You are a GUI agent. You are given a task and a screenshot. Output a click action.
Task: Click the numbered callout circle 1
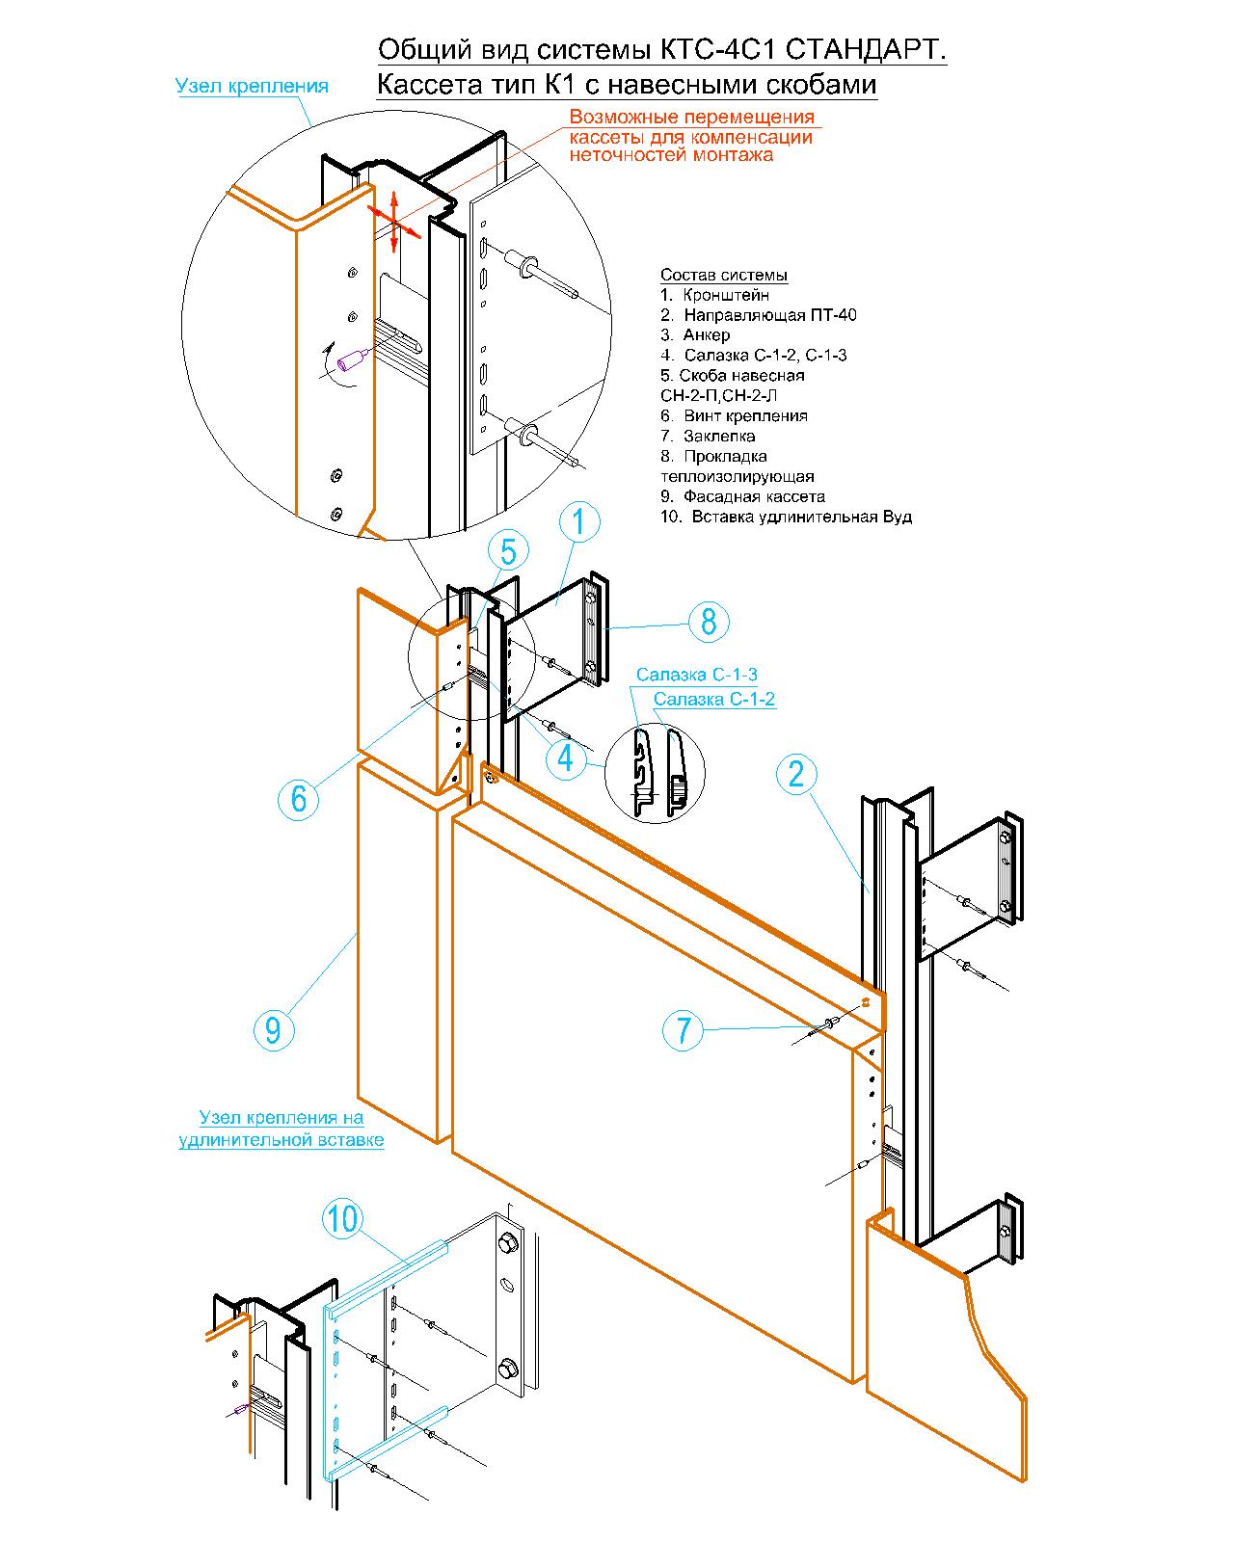coord(577,521)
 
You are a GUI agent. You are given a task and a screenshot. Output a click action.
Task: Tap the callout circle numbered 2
coord(796,775)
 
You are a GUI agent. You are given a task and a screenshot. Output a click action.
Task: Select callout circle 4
coord(565,758)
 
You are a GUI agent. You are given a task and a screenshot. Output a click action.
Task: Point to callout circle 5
coord(508,551)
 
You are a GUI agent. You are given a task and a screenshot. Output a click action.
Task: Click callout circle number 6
coord(298,799)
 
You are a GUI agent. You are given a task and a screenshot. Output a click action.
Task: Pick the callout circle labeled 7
coord(683,1030)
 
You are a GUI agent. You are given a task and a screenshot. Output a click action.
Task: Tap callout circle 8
coord(709,622)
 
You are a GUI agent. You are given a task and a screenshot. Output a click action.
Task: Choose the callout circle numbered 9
coord(274,1030)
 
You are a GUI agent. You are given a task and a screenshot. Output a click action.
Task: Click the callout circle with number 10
coord(343,1219)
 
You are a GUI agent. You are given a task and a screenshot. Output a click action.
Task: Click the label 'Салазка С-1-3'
coord(696,675)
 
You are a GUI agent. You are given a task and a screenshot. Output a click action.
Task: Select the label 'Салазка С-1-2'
coord(714,699)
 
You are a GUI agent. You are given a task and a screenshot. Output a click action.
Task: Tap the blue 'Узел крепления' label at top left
coord(252,86)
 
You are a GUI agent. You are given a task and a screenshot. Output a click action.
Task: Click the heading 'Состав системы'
coord(723,276)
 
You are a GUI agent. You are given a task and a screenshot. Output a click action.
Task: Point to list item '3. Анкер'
coord(695,334)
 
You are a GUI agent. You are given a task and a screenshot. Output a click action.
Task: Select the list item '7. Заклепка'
coord(707,436)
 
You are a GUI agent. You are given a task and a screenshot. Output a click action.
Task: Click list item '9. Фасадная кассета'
coord(742,496)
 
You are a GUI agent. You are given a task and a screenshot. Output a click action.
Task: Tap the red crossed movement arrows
coord(393,221)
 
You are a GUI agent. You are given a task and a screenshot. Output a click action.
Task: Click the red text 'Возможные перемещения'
coord(691,117)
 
